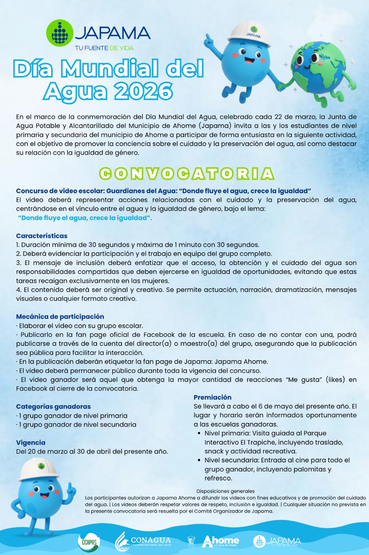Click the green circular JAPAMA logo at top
tap(60, 33)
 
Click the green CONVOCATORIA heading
tap(187, 174)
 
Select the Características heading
tap(42, 236)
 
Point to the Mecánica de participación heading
tap(60, 317)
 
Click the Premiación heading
tap(213, 398)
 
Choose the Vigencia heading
tap(31, 443)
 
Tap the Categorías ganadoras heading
tap(53, 407)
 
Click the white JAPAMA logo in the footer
tap(277, 541)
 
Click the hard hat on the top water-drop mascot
tap(249, 33)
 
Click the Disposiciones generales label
tap(225, 491)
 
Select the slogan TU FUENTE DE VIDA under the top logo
tap(104, 48)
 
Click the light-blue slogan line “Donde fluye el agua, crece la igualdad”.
tap(85, 218)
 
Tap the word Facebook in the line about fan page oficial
tap(160, 335)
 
